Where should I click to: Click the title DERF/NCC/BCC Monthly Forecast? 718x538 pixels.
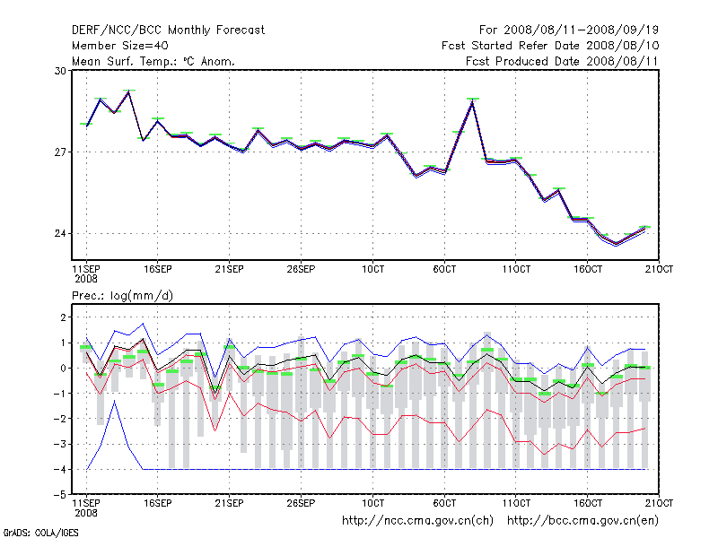coord(168,30)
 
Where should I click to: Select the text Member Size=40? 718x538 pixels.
coord(119,46)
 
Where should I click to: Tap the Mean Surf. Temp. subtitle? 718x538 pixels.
coord(153,61)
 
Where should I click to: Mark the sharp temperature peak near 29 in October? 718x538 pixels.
coord(473,101)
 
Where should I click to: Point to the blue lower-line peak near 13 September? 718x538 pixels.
coord(115,401)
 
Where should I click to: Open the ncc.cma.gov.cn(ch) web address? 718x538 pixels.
coord(418,520)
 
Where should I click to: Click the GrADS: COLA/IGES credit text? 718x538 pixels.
coord(40,532)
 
